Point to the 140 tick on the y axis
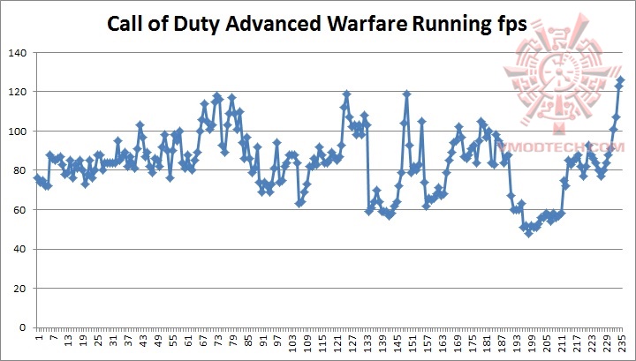point(16,53)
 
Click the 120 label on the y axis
point(16,92)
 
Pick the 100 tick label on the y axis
point(16,132)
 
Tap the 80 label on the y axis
point(19,170)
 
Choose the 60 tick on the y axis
point(19,210)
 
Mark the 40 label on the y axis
point(19,249)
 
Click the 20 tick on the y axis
point(19,289)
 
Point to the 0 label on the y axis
point(21,327)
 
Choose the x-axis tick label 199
point(532,342)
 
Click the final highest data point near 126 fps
point(620,80)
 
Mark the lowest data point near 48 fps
point(528,233)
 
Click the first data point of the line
point(37,178)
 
